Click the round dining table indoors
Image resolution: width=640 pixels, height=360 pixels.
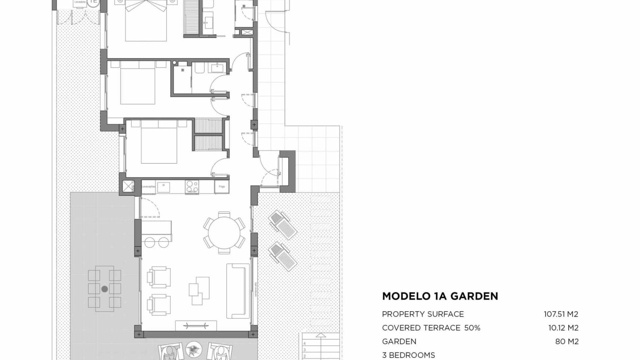224,232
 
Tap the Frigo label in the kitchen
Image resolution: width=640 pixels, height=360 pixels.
222,187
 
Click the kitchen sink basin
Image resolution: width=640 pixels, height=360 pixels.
163,187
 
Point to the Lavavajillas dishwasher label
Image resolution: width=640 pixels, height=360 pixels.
148,187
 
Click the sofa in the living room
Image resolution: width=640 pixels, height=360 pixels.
238,290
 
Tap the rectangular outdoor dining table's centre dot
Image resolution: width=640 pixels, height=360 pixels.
105,289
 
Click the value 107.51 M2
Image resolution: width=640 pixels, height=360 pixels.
561,314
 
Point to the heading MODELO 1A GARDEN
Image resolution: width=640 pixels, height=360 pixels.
440,296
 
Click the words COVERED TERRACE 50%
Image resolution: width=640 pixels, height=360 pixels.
431,328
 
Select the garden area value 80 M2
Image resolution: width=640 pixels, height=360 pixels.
567,342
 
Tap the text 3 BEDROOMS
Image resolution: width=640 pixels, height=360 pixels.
408,355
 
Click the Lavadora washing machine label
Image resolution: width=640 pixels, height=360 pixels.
80,2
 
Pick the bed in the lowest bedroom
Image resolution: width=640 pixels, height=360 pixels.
159,143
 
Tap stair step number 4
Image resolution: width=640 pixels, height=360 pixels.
304,343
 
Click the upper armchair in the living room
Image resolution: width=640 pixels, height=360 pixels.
158,277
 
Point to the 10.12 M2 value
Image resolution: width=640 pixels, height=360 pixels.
563,328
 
